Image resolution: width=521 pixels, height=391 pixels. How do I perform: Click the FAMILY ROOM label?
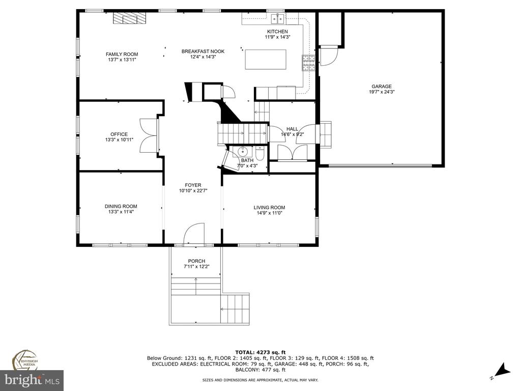122,54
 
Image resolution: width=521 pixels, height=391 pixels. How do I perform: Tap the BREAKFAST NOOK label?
203,51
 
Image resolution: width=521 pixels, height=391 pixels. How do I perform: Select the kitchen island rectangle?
266,60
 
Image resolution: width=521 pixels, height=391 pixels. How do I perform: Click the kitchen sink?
278,19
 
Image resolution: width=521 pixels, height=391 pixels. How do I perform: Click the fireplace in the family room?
129,18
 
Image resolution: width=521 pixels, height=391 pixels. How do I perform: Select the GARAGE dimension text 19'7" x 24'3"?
382,92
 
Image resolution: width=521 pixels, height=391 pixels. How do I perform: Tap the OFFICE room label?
119,134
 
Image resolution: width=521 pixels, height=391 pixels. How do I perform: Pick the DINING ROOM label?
121,206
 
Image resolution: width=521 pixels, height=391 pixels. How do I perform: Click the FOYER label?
193,185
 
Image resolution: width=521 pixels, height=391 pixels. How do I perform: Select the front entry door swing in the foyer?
194,234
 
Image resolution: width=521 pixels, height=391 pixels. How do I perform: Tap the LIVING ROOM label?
269,208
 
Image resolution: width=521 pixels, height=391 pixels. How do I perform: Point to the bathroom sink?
244,152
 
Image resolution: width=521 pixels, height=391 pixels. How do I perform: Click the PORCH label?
196,261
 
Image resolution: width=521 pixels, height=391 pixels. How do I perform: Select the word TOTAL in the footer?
245,352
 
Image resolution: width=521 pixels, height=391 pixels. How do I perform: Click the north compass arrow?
502,371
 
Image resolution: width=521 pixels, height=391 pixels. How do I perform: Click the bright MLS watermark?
32,380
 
